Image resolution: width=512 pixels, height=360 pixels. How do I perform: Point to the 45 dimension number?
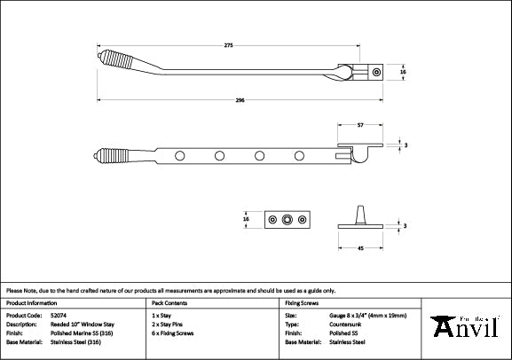(359, 248)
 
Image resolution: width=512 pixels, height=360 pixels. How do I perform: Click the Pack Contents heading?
(169, 302)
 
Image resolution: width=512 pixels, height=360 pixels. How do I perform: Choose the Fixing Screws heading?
(303, 302)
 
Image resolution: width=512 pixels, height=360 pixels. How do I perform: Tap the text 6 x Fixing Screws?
(176, 333)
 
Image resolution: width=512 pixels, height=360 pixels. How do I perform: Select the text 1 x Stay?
(162, 315)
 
